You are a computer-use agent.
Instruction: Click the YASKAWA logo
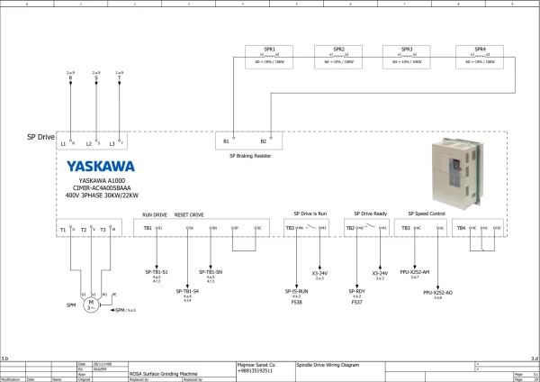pos(101,166)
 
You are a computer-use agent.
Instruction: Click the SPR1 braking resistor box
pos(268,56)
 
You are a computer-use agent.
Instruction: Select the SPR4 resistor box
pos(480,56)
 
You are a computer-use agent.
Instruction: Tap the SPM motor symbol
pos(90,305)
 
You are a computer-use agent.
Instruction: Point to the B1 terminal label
pos(227,141)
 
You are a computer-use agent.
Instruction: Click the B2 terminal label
pos(264,141)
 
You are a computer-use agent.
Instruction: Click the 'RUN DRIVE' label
pos(155,215)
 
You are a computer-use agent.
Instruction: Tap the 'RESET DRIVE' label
pos(188,215)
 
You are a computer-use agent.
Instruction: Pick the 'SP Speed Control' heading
pos(427,214)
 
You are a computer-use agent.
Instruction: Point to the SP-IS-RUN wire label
pos(297,291)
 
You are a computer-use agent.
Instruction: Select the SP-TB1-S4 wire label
pos(187,292)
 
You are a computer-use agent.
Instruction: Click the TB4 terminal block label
pos(461,229)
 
